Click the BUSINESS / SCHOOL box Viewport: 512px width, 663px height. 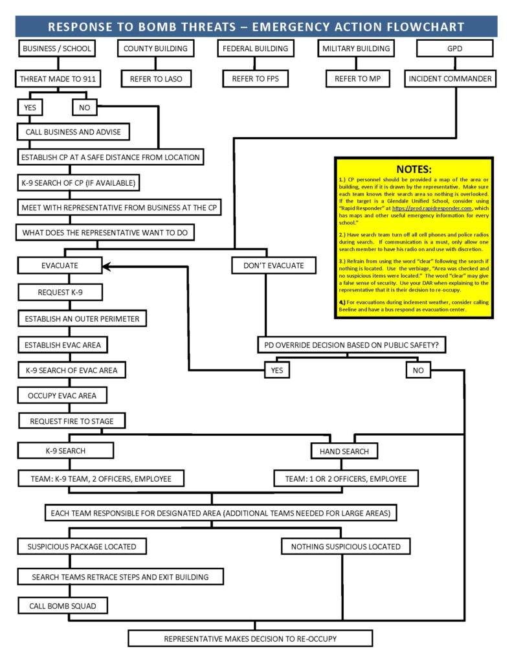coord(57,49)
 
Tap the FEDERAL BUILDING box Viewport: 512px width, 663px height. coord(255,49)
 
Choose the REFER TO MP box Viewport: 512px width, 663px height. coord(355,79)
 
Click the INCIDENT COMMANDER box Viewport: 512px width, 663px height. coord(450,79)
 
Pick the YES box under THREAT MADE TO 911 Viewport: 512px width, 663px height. coord(30,107)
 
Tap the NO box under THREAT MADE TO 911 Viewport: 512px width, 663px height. coord(85,107)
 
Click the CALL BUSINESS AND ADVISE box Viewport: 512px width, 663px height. coord(73,132)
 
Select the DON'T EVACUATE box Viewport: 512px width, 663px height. coord(273,265)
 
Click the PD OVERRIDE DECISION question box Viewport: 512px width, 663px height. coord(352,345)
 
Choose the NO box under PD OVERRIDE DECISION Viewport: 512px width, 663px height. coord(418,370)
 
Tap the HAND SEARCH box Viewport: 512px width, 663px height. coord(344,451)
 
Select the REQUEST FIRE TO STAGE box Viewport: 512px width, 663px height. coord(72,421)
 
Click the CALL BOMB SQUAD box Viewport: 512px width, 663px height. coord(63,606)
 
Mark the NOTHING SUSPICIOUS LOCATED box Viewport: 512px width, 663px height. coord(346,546)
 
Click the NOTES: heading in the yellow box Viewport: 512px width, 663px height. coord(414,169)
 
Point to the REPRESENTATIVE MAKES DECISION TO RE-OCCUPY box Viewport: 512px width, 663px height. coord(250,638)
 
